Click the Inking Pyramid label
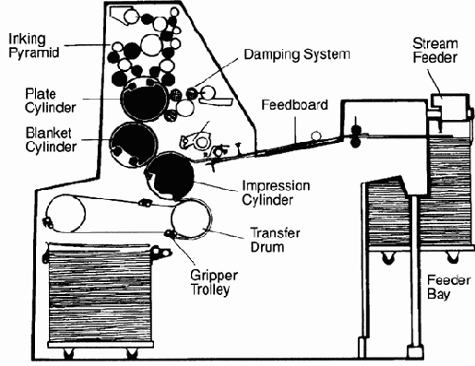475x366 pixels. point(33,45)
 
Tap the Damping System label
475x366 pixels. point(297,54)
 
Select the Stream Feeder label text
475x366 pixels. point(435,51)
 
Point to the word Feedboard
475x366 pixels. point(294,105)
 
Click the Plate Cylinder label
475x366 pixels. point(51,100)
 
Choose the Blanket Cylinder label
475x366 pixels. point(51,140)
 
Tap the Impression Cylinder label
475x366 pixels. point(276,193)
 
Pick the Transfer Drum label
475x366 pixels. point(275,240)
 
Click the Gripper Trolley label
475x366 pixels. point(214,282)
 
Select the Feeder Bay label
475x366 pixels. point(448,288)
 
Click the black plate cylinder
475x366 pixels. point(145,100)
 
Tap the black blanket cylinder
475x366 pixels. point(134,145)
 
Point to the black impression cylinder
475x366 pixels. point(170,176)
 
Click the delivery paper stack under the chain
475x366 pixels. point(101,294)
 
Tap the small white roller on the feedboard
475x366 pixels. point(315,136)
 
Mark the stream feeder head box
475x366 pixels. point(449,108)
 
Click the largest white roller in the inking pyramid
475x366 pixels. point(151,45)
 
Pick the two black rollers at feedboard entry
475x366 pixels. point(355,136)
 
